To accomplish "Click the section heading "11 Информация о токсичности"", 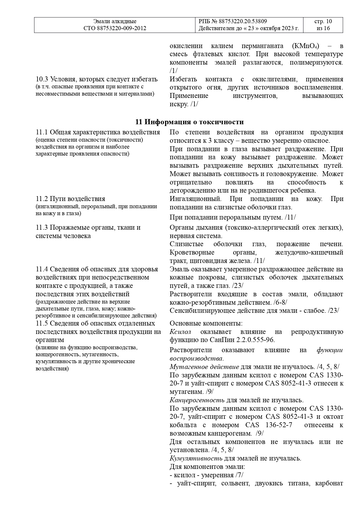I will click(x=190, y=122).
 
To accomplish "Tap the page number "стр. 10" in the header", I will click(x=323, y=21).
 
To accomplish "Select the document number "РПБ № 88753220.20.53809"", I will click(x=233, y=21).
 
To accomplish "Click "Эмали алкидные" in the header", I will click(x=115, y=21).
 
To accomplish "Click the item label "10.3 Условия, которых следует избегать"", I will click(x=97, y=79).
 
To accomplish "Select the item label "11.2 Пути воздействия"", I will click(x=70, y=199).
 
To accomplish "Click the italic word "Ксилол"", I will click(x=180, y=332).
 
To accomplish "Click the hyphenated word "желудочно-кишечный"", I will click(x=309, y=252).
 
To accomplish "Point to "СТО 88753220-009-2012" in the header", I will click(x=115, y=28).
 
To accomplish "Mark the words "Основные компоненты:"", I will click(x=206, y=324).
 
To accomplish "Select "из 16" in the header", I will click(x=323, y=28).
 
